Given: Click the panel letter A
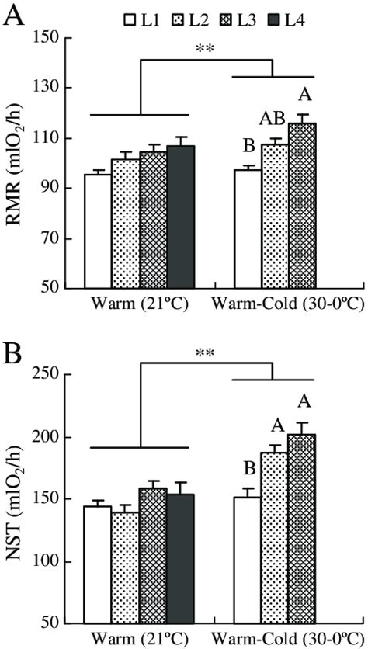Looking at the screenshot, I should point(13,15).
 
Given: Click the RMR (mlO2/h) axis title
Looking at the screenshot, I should point(16,162).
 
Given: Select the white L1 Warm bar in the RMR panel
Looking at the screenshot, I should point(98,231).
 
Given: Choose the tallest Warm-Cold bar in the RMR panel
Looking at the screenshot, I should point(302,205).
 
